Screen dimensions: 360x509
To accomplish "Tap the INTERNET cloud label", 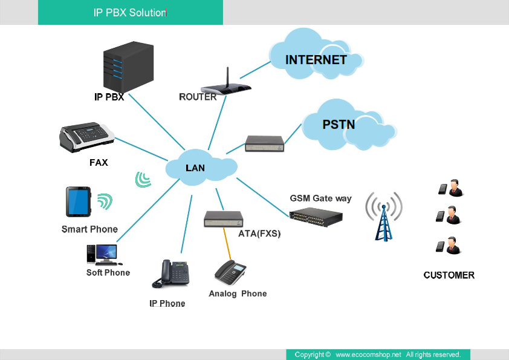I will click(316, 60).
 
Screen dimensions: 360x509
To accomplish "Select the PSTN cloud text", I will click(338, 125).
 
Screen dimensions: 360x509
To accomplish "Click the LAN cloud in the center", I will click(195, 168).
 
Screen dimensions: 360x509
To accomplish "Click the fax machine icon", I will click(86, 139).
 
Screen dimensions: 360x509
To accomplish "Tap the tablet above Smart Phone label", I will click(78, 201).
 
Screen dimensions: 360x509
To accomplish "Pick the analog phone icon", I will click(231, 272).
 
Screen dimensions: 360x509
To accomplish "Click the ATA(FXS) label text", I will click(259, 233).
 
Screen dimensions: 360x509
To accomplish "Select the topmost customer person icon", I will click(452, 188).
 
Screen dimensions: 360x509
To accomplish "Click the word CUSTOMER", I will click(449, 275).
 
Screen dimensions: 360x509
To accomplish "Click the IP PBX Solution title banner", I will click(130, 12).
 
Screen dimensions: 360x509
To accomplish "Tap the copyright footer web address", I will click(368, 355).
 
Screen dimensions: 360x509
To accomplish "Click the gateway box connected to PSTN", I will click(265, 143).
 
